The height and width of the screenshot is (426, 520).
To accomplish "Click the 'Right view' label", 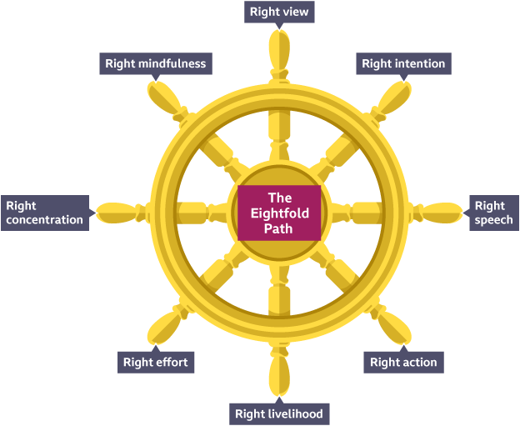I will (x=278, y=12).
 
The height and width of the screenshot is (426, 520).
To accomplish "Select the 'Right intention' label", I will (x=403, y=63).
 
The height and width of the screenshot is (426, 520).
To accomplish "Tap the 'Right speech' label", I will (x=490, y=213).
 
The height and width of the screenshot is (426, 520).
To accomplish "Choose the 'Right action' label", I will (x=403, y=362).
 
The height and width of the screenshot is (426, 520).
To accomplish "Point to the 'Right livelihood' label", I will (x=278, y=413).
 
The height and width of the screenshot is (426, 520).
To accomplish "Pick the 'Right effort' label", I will (x=155, y=362).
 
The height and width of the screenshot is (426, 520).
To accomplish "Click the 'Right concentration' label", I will (x=45, y=213).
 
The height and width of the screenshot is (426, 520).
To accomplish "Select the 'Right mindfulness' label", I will (x=155, y=63).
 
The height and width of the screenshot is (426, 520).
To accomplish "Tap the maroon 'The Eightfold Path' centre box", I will (x=279, y=213).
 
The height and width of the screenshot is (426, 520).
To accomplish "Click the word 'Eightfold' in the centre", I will (x=279, y=213).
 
